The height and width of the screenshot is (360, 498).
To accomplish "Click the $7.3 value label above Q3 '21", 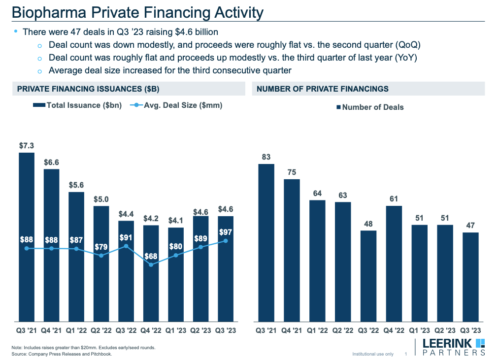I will (x=27, y=145).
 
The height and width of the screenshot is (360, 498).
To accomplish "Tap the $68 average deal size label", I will (x=151, y=257).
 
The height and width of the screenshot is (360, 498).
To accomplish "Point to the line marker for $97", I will (x=226, y=241).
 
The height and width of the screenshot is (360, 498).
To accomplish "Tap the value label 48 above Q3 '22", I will (x=368, y=224).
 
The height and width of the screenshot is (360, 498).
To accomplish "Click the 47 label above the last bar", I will (x=470, y=226).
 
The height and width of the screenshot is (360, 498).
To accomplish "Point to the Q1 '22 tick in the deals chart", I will (x=317, y=331).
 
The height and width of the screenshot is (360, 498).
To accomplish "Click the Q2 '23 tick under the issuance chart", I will (x=200, y=331).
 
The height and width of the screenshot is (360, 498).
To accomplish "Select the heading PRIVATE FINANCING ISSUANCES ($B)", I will (x=88, y=89).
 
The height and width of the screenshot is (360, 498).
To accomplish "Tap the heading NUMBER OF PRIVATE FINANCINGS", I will (x=323, y=89).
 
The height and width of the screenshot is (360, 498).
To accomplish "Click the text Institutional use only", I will (x=373, y=354).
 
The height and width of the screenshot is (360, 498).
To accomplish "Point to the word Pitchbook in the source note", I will (x=101, y=354).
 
